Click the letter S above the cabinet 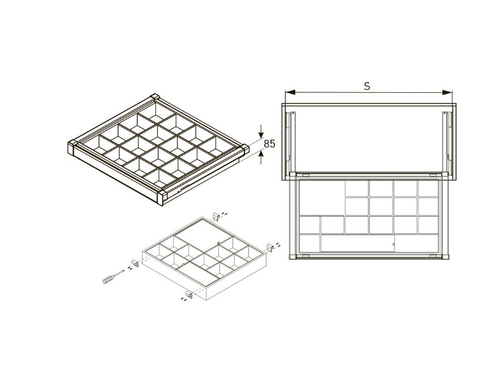click(367, 86)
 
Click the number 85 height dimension click(269, 144)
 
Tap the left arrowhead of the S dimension click(290, 93)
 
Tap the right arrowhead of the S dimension click(447, 93)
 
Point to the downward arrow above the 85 click(261, 131)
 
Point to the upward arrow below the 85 click(261, 157)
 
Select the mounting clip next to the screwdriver click(135, 263)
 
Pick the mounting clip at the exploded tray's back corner click(217, 216)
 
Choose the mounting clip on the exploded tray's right click(270, 248)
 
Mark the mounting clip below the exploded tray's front click(189, 294)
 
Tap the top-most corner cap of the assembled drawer click(155, 97)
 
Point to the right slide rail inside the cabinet click(446, 141)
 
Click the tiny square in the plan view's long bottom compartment click(394, 244)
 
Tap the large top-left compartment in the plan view click(322, 197)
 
